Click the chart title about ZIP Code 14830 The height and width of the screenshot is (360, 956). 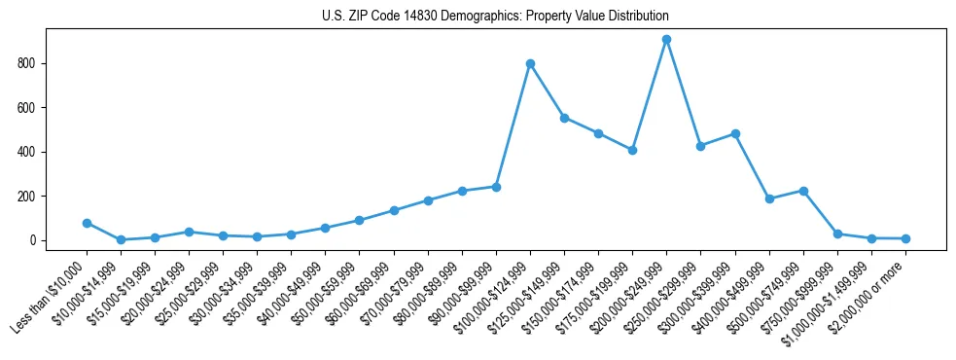[495, 17]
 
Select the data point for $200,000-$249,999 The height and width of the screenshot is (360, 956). [666, 40]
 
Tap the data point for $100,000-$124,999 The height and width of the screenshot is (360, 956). [530, 64]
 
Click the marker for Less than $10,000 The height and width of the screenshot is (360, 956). [87, 223]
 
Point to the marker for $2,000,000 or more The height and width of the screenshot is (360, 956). [905, 238]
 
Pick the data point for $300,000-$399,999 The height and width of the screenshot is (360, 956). [735, 134]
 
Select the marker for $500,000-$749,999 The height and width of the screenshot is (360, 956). [803, 191]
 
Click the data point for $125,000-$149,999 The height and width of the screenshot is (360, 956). [564, 118]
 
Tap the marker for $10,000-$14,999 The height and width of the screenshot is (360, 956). [121, 239]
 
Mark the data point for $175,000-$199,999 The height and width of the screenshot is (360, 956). [632, 150]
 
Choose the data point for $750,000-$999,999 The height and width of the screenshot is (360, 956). [837, 234]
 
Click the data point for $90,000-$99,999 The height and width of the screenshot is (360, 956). [496, 187]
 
